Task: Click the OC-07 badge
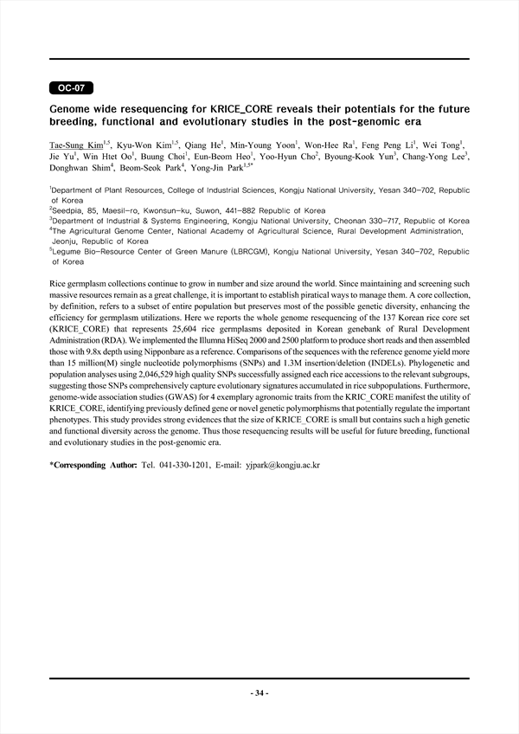(70, 88)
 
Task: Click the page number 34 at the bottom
(259, 693)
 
